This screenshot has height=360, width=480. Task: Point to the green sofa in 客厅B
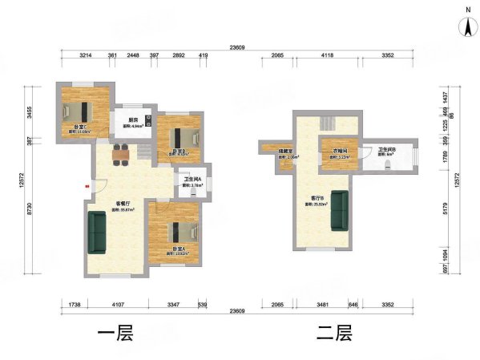(340, 209)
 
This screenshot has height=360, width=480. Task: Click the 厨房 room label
(133, 122)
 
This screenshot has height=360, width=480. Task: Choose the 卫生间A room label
(192, 180)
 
